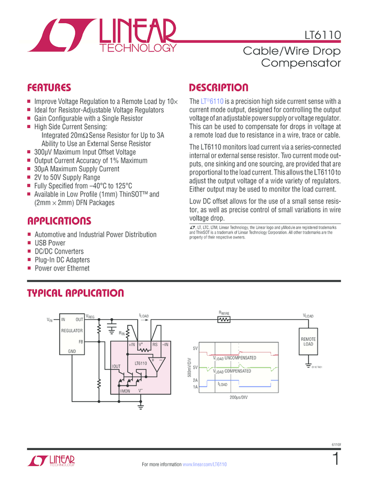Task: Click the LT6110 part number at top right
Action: coord(323,34)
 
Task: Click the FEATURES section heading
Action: coord(49,88)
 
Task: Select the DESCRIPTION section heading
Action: coord(218,88)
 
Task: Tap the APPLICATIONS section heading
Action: coord(59,221)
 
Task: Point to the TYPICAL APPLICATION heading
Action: coord(76,293)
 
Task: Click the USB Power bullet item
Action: coord(50,243)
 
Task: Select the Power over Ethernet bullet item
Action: coord(62,268)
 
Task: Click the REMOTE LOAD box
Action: coord(308,342)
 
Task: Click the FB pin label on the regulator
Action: coord(81,341)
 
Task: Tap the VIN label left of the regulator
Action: coord(49,320)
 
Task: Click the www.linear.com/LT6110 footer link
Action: coord(205,464)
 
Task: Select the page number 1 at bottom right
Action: coord(336,459)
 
